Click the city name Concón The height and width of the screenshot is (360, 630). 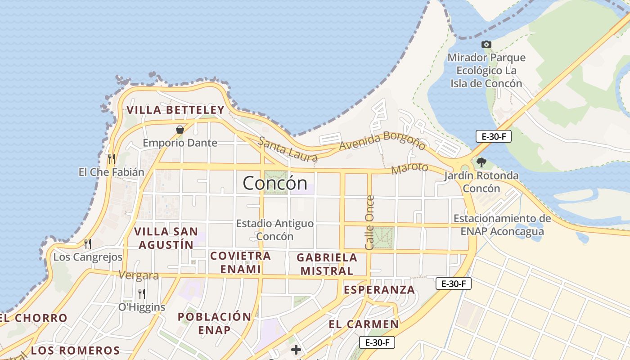coord(275,183)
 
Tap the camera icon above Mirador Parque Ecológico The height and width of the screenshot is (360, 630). coord(486,44)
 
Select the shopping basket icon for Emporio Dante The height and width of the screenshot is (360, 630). coord(180,130)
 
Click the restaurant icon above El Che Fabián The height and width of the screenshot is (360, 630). coord(112,158)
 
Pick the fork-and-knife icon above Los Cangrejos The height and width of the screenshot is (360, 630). coord(88,243)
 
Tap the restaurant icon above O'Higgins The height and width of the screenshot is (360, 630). coord(141,294)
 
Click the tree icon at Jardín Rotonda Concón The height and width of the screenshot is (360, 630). coord(481,162)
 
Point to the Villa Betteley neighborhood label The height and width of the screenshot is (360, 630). coord(175,110)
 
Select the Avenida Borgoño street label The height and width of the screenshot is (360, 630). coord(382,141)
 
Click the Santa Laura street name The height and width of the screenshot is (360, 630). coord(288,149)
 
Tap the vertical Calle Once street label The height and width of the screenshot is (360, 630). coord(370,222)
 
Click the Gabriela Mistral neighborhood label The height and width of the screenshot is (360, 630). coord(327,264)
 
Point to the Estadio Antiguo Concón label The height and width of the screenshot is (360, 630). coord(275,229)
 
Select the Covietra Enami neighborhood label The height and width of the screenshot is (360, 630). coord(235,262)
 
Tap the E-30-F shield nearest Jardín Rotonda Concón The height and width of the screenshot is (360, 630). coord(494,136)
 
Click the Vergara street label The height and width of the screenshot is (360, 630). coord(139,275)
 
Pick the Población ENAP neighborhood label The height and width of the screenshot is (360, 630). coord(214,323)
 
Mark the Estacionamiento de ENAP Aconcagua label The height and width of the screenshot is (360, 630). coord(502,225)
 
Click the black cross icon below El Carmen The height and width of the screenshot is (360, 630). coord(296,349)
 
